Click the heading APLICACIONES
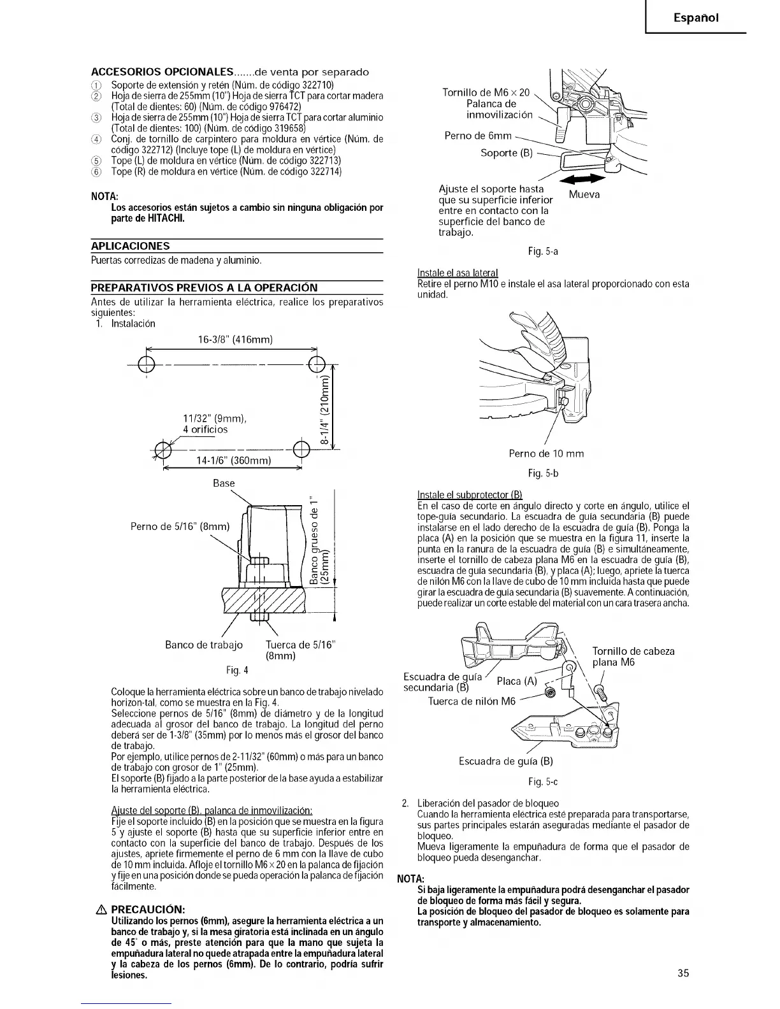coord(130,246)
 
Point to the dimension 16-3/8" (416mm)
coord(235,340)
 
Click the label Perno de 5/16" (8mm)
coord(180,526)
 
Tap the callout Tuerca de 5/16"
coord(300,645)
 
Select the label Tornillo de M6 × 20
coord(486,93)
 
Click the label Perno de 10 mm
coord(546,454)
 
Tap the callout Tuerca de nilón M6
coord(472,701)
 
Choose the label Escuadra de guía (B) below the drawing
coord(506,761)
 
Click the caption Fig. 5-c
coord(543,782)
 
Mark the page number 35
coord(683,973)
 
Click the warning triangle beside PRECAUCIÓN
coord(97,908)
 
